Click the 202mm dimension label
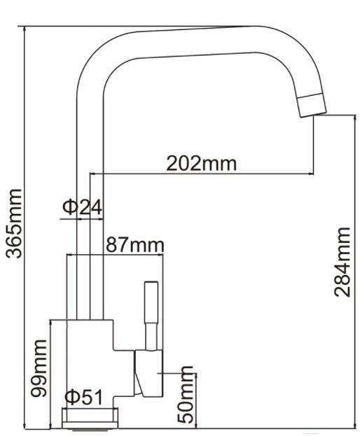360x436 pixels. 202,164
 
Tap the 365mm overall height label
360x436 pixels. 14,223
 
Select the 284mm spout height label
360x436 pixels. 342,262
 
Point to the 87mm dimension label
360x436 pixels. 135,245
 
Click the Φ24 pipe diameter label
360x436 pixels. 83,207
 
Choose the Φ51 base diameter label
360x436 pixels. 83,398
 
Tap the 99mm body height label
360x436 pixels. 39,369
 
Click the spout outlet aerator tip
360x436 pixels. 312,105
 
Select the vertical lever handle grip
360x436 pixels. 151,302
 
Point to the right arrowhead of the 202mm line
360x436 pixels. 311,174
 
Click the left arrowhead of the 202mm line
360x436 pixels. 93,174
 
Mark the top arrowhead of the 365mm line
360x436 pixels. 25,29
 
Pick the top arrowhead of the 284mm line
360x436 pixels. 354,118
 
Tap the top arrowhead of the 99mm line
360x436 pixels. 51,323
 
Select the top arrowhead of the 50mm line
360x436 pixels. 196,377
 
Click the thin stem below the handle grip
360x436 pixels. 150,337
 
